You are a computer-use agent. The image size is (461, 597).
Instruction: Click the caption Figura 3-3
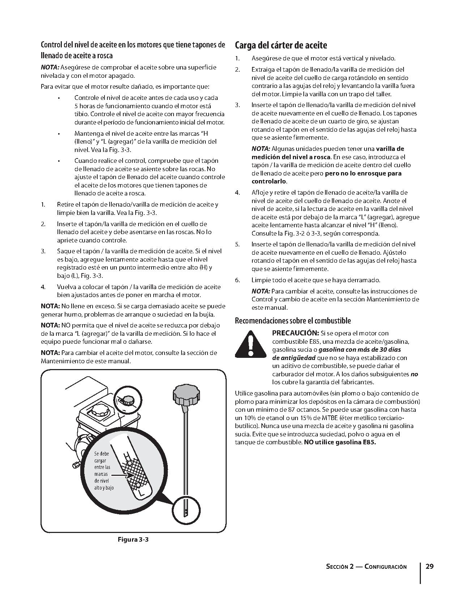point(133,539)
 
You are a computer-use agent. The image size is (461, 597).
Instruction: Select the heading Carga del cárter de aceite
point(281,46)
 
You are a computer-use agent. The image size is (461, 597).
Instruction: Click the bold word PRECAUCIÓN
point(295,333)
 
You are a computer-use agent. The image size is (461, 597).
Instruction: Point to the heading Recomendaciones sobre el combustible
point(293,321)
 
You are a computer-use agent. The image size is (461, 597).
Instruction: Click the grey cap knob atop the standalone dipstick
point(185,395)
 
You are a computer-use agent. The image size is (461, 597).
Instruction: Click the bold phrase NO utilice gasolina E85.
point(340,442)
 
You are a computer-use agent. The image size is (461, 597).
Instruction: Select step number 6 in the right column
point(237,280)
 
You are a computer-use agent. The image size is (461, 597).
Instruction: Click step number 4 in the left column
point(43,287)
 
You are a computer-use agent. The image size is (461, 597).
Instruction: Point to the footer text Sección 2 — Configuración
point(366,567)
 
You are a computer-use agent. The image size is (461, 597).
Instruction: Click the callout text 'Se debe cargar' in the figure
point(102,457)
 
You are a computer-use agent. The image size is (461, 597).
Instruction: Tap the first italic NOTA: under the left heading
point(50,67)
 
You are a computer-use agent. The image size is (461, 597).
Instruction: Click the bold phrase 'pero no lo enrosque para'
point(363,173)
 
